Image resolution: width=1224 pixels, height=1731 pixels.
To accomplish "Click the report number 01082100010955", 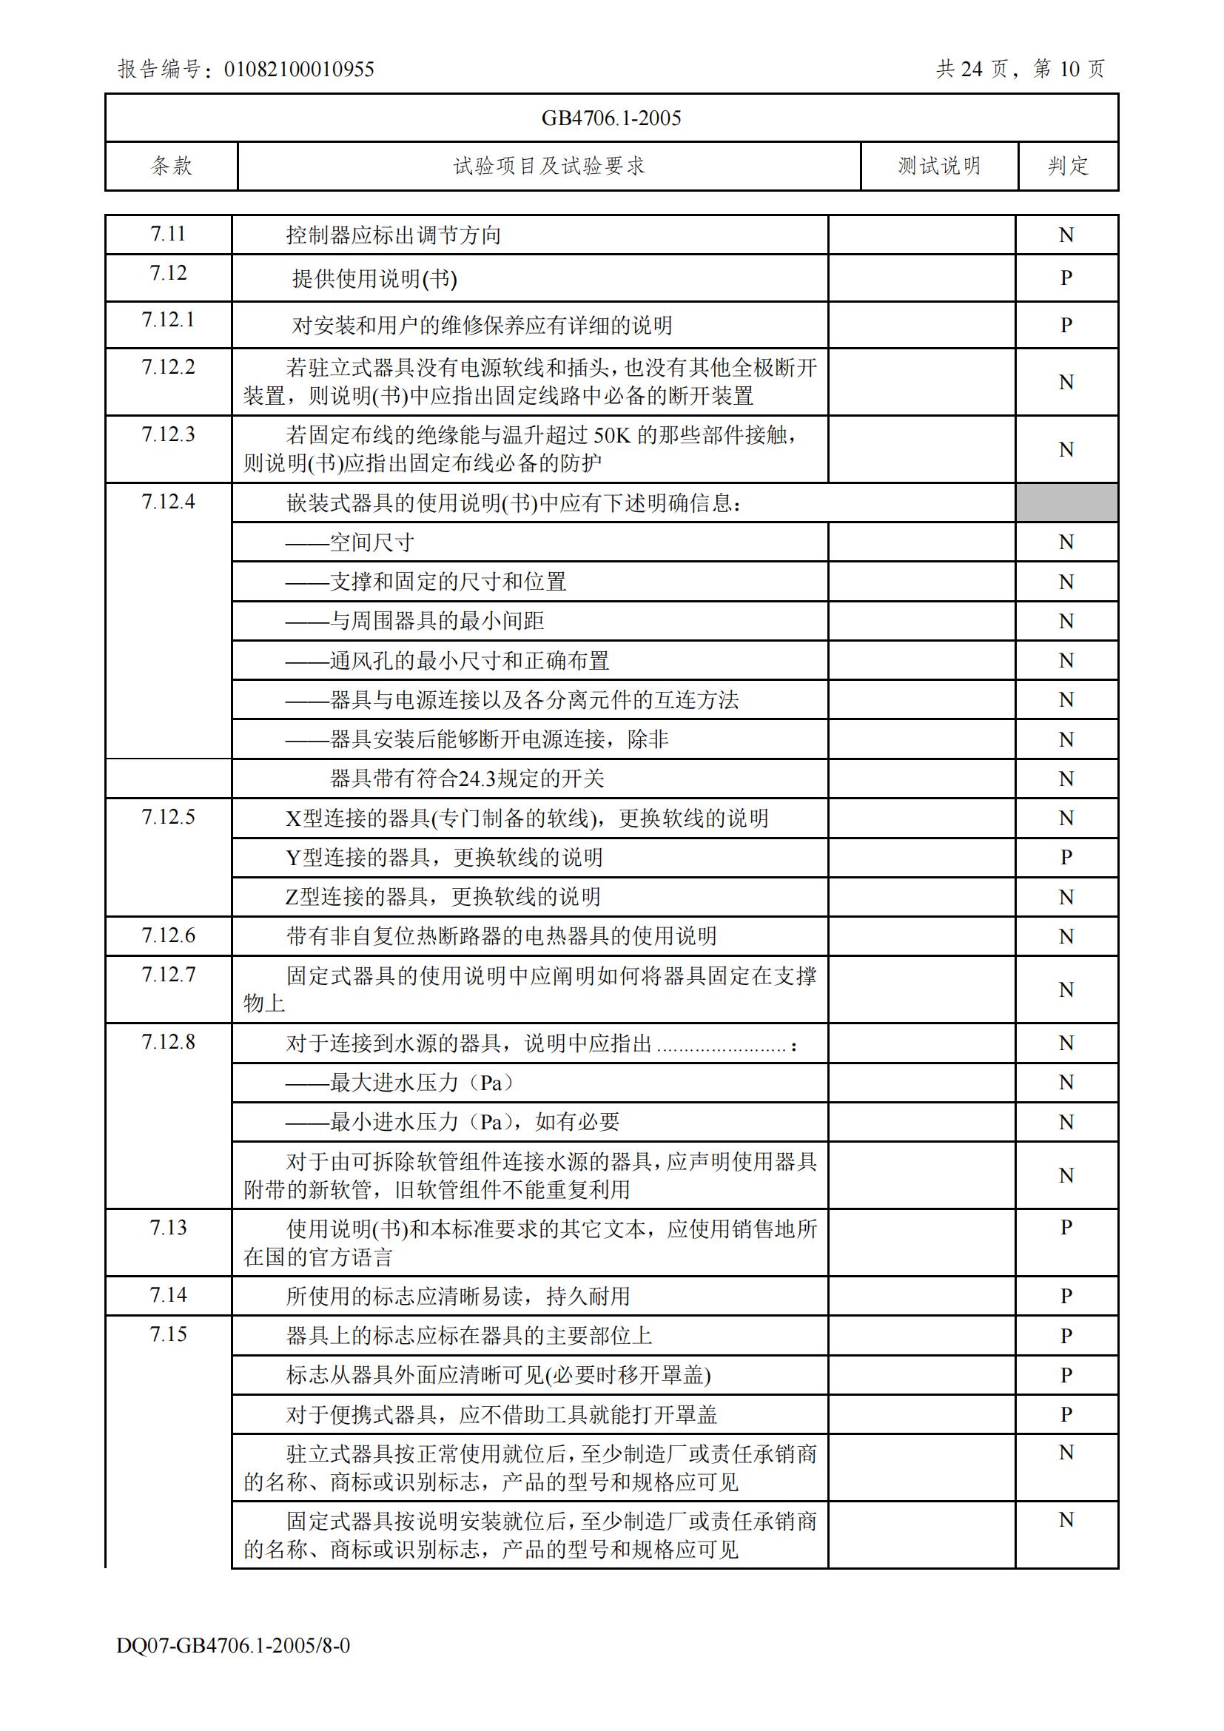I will (298, 70).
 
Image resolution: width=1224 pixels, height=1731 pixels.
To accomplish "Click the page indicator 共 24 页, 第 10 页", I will (1020, 70).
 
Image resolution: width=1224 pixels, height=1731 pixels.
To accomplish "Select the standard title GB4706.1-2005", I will (611, 118).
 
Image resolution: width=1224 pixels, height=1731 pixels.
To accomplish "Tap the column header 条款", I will (172, 166).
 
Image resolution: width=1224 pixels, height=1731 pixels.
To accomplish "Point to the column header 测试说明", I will (939, 166).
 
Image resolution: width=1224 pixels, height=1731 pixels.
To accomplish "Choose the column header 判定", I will (1068, 166).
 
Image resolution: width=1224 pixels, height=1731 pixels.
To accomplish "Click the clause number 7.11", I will (168, 234).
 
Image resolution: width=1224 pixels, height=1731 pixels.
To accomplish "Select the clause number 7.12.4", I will (168, 501).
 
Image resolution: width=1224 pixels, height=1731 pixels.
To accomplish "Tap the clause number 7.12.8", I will (168, 1042).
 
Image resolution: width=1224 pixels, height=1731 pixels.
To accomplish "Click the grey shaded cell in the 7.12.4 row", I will (1066, 503).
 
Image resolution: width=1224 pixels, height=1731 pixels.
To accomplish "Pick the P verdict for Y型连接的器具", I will (1066, 857).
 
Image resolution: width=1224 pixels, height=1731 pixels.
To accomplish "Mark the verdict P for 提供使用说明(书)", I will (1066, 278).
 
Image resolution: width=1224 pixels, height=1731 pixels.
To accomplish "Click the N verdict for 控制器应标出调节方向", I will (1066, 235).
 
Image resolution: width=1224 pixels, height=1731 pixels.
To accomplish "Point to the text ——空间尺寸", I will (350, 542).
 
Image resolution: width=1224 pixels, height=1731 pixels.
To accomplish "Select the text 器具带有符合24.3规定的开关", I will (466, 778).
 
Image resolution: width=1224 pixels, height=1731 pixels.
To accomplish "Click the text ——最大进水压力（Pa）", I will (401, 1083).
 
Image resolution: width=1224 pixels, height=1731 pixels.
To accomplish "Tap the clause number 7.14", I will (168, 1295).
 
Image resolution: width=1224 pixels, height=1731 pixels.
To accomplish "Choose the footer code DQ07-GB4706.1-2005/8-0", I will (233, 1645).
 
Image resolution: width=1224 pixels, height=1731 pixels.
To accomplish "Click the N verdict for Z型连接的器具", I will (1066, 897).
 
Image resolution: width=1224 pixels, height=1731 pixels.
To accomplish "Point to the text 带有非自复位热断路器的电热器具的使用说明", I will (501, 936).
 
